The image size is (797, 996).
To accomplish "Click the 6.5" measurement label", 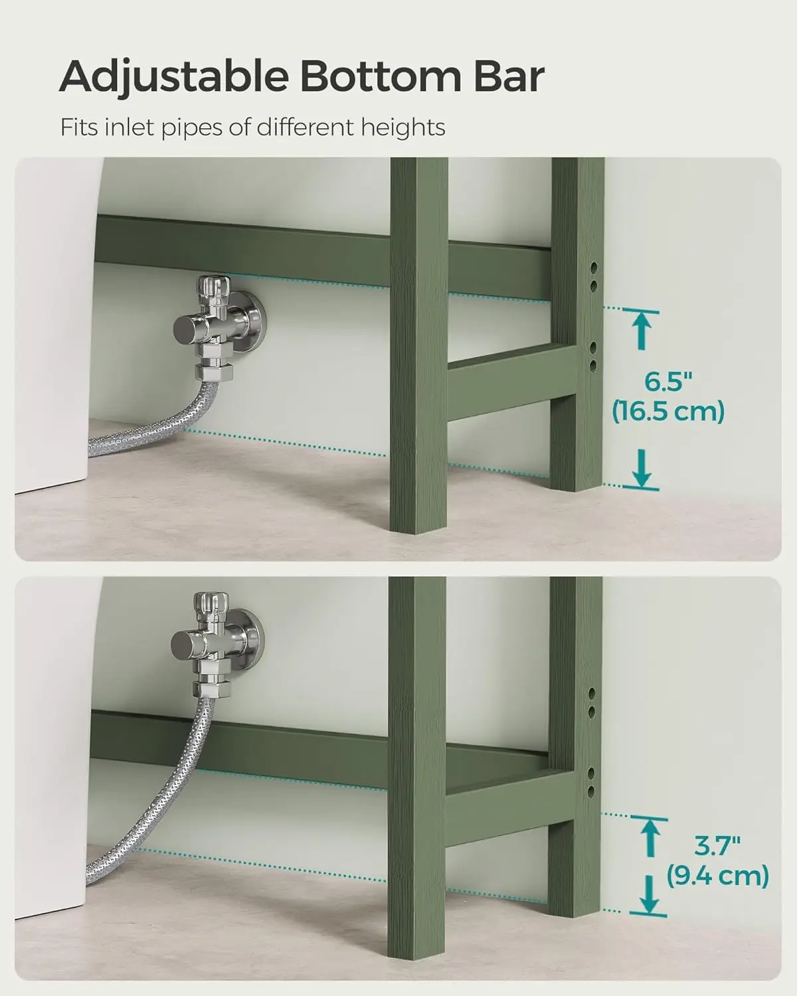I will click(x=668, y=382).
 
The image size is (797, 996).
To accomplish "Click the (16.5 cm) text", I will click(x=668, y=412).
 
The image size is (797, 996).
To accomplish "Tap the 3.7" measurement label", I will click(x=717, y=846).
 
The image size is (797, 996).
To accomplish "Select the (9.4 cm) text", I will click(x=717, y=875).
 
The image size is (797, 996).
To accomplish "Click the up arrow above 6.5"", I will click(x=642, y=330).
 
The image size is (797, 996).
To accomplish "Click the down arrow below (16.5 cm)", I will click(x=642, y=469).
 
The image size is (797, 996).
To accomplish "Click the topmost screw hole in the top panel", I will click(x=593, y=268).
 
